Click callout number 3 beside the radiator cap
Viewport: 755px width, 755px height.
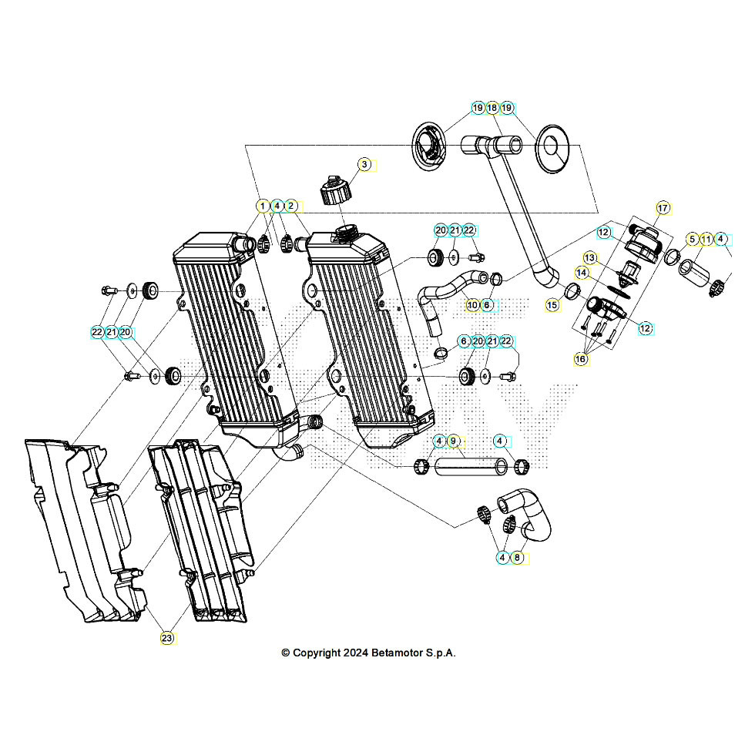(x=365, y=164)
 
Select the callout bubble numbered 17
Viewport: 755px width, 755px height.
(x=663, y=208)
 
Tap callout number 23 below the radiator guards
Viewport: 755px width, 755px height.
(x=167, y=638)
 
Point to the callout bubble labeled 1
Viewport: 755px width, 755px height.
(x=263, y=206)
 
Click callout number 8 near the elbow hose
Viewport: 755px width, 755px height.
(x=517, y=557)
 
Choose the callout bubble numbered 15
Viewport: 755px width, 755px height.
(x=552, y=305)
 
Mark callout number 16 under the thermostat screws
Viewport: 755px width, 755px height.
(x=582, y=359)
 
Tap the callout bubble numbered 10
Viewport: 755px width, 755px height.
(x=472, y=305)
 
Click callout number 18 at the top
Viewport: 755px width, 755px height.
(x=492, y=109)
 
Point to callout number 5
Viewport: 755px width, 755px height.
(x=692, y=240)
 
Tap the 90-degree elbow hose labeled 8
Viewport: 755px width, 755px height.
(x=532, y=516)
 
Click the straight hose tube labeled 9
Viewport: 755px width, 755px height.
(x=466, y=465)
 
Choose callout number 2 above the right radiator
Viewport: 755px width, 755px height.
(x=290, y=206)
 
